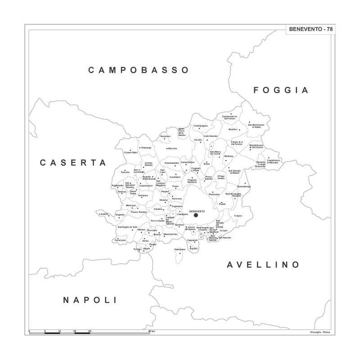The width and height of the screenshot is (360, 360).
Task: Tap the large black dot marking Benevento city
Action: [196, 216]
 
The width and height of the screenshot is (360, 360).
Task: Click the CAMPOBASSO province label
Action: [138, 70]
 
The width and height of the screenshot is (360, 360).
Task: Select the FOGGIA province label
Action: [281, 90]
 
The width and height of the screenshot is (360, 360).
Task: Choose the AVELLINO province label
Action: [263, 265]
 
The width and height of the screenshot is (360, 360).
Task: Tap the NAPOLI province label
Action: [90, 300]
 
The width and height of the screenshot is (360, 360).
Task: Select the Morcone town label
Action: [172, 148]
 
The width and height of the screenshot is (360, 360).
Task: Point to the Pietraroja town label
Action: [147, 148]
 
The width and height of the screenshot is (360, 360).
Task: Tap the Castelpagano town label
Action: [201, 126]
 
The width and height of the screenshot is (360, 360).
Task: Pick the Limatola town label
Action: [104, 214]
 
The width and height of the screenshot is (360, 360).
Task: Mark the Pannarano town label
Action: [180, 249]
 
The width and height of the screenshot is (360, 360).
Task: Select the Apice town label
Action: [239, 216]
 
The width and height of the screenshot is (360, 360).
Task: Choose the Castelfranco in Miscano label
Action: [273, 162]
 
